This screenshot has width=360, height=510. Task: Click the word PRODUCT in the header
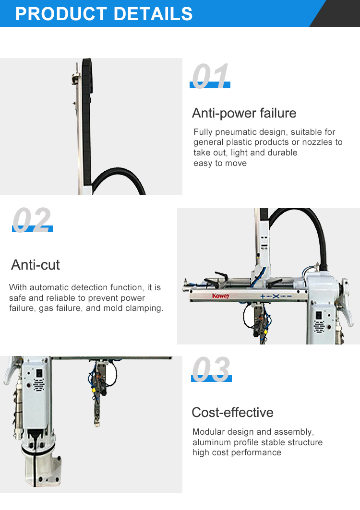61,13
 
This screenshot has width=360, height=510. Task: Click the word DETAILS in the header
153,13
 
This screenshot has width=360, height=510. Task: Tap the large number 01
210,76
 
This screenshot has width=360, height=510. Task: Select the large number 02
32,220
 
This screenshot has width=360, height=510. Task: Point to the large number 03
211,369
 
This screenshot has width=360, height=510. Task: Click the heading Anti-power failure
244,113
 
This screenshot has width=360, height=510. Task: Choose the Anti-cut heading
36,265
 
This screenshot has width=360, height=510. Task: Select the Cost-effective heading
232,413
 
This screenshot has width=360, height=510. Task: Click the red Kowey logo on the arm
221,296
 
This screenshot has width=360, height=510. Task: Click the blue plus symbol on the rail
263,297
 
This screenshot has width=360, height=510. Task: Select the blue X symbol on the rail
276,296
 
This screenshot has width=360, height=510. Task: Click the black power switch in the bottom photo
39,373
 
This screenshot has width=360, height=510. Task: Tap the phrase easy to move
220,163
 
